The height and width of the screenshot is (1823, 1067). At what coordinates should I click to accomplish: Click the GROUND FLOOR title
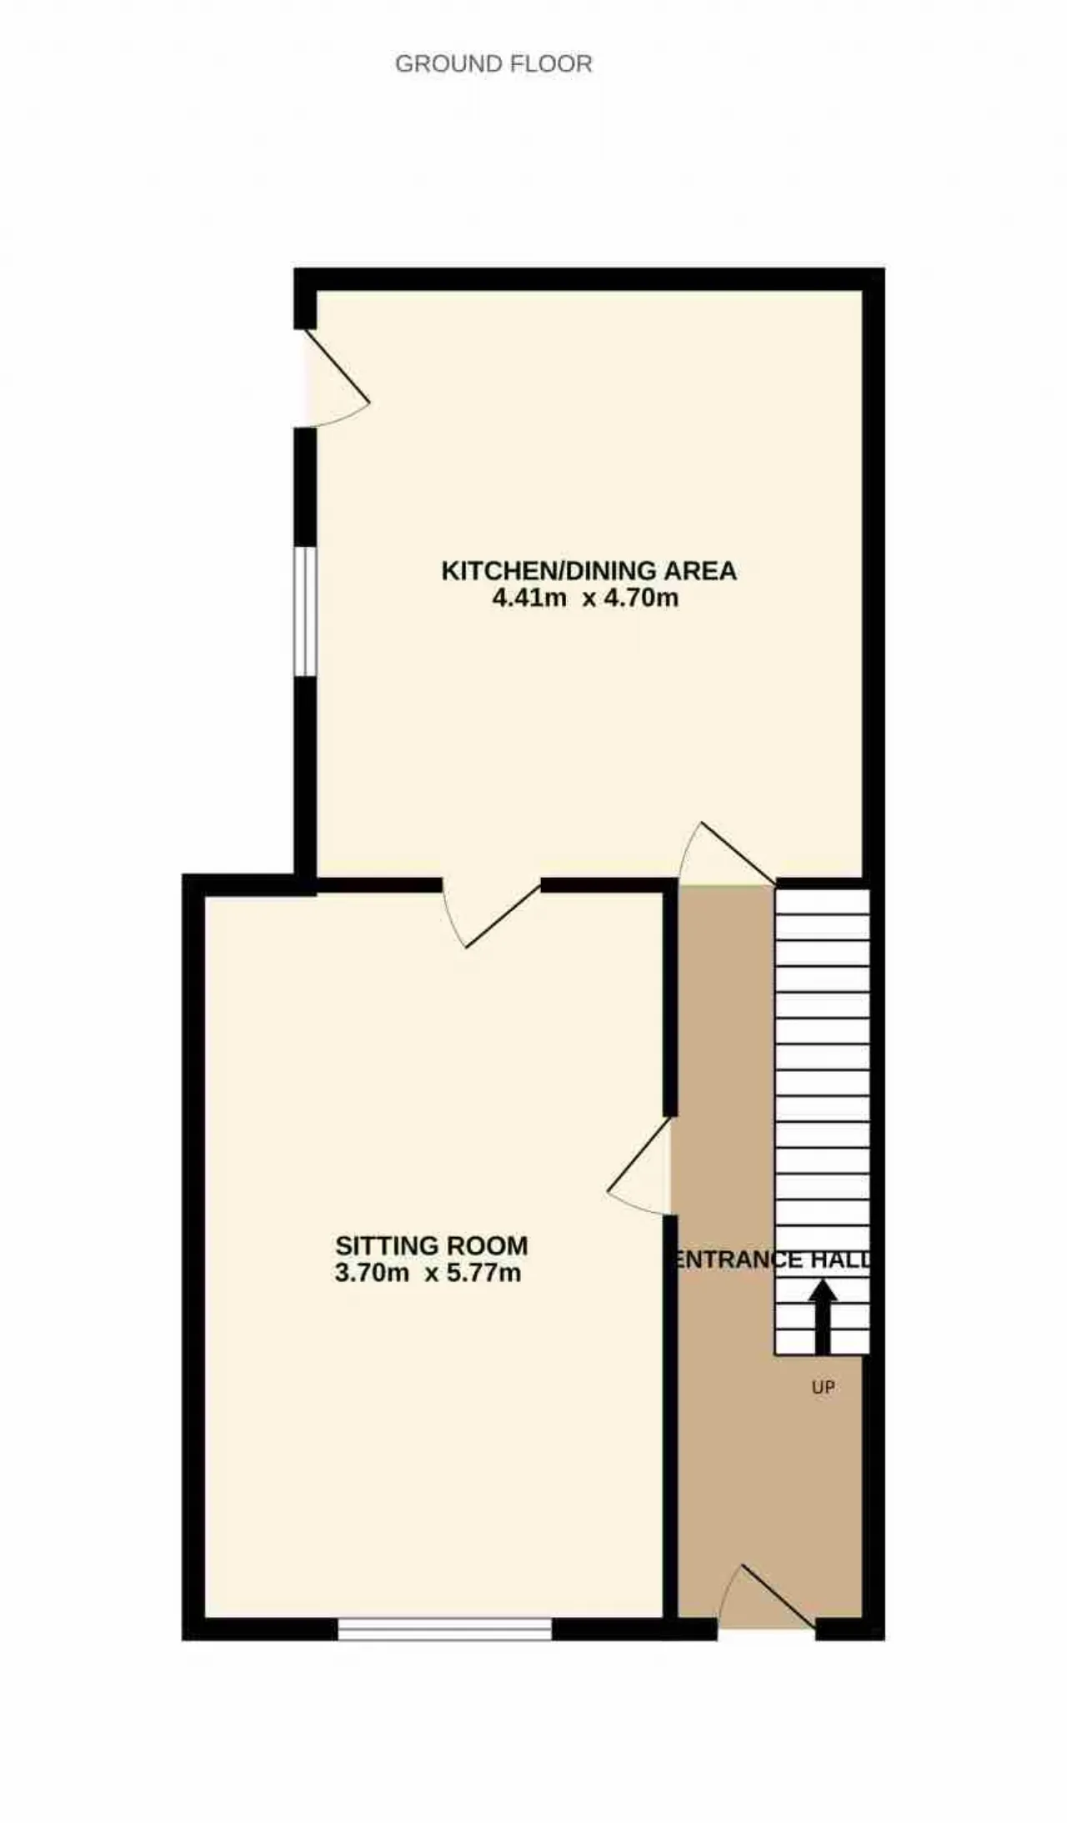pos(493,64)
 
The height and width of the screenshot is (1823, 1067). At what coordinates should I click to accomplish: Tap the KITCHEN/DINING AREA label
pos(589,571)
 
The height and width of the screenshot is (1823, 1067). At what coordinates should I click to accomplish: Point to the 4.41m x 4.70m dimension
pos(585,598)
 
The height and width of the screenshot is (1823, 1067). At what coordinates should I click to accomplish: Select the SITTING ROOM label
pos(432,1245)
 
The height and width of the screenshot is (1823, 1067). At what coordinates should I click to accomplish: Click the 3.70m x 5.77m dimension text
pos(428,1273)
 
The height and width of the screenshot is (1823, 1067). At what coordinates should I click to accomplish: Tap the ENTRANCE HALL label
pos(771,1260)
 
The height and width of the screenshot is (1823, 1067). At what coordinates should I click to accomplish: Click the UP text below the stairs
pos(823,1388)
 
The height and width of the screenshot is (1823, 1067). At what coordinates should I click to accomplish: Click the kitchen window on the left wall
pos(306,611)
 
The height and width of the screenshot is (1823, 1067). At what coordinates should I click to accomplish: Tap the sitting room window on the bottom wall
pos(444,1629)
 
